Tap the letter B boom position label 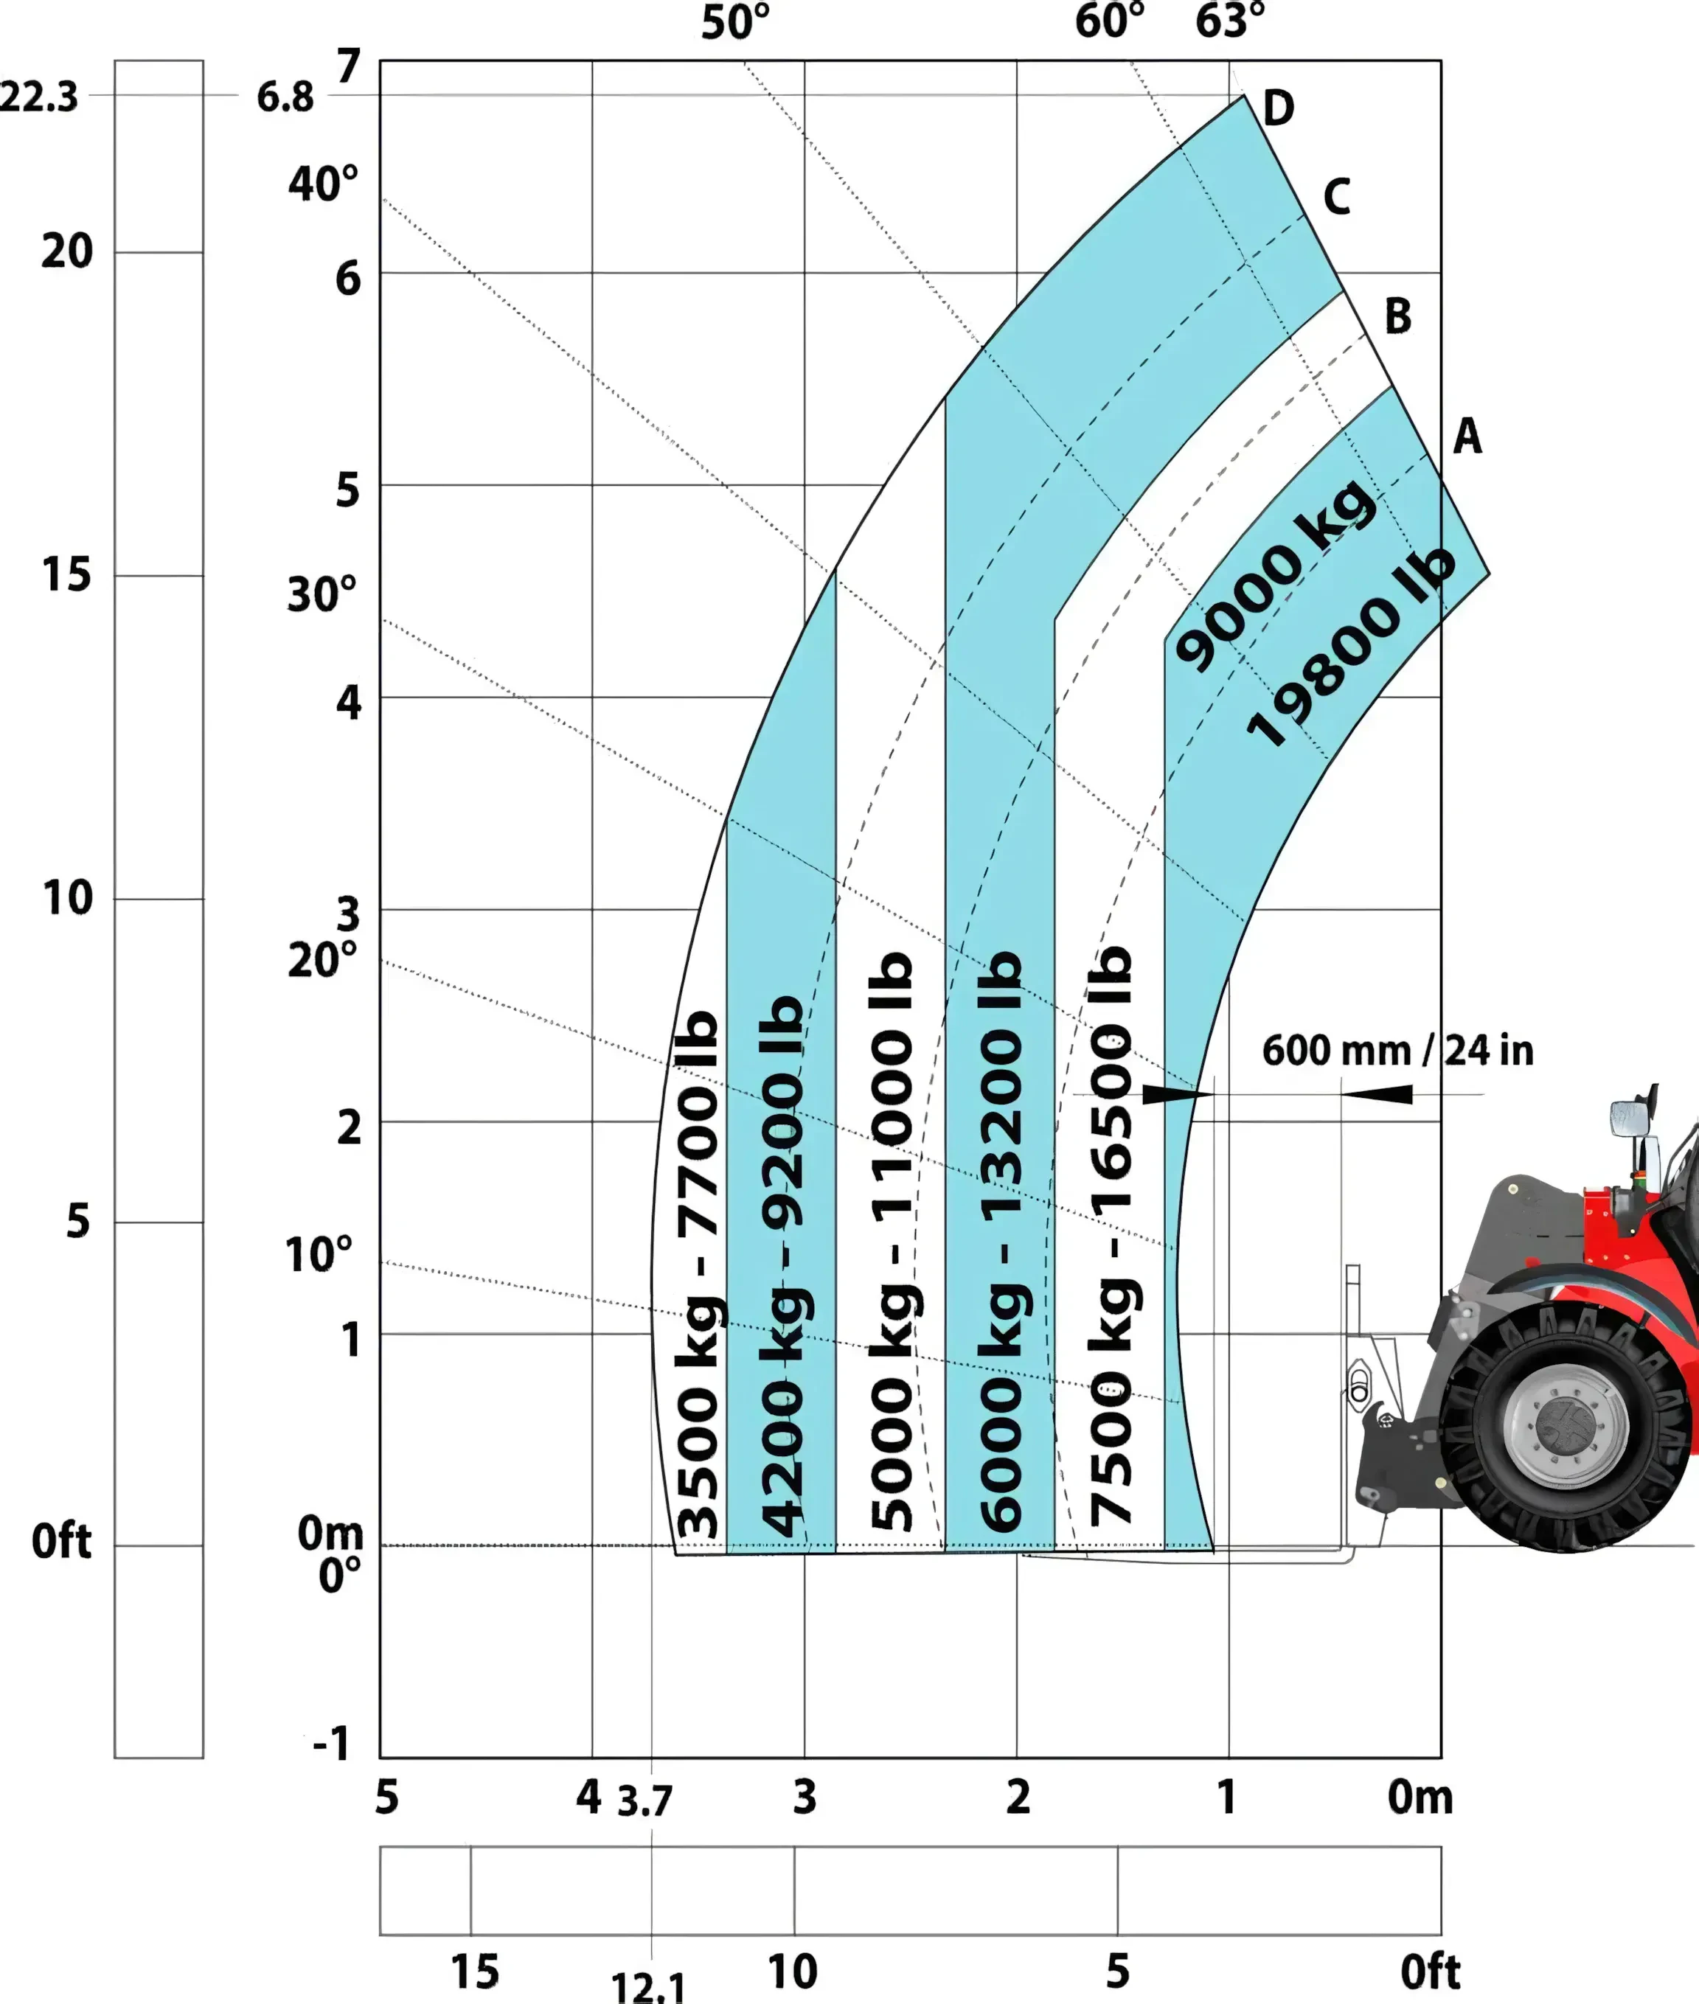(1397, 316)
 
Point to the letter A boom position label (1467, 436)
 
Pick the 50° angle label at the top (736, 23)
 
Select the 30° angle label (322, 594)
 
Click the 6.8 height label (285, 97)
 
